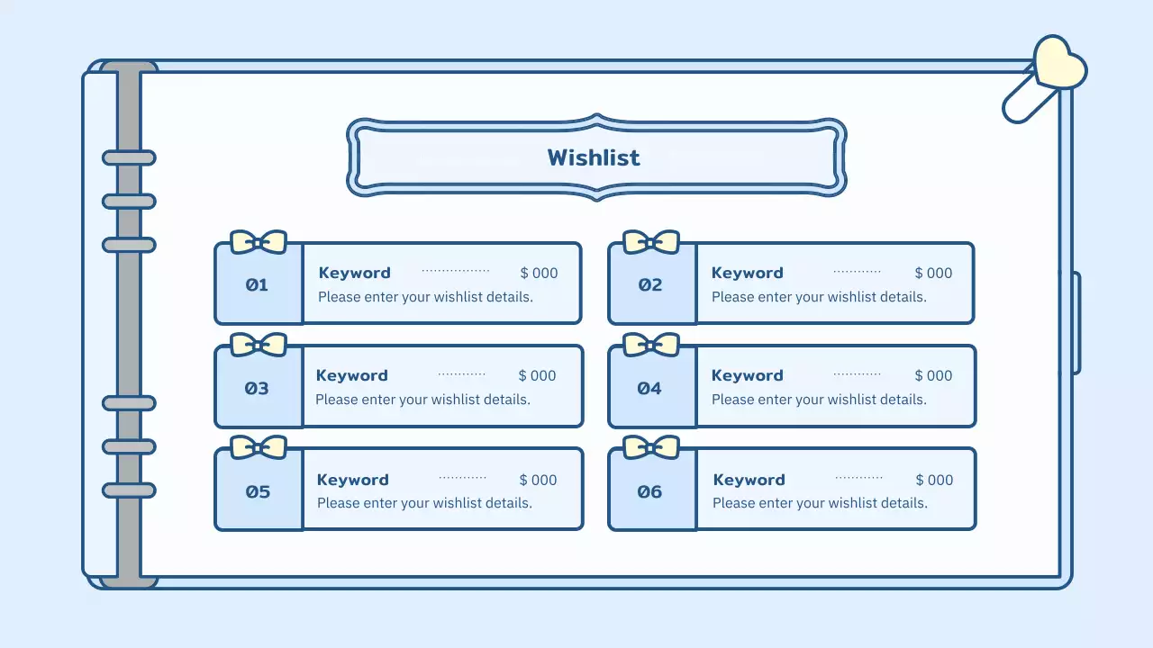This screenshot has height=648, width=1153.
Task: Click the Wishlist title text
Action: (594, 157)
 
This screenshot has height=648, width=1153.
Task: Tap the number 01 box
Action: (258, 284)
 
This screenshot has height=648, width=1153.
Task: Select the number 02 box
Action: (650, 284)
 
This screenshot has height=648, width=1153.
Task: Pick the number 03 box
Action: (258, 388)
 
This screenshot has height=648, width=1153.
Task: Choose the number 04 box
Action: (650, 388)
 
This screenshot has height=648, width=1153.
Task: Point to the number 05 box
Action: (258, 491)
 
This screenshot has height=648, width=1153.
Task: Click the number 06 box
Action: (650, 491)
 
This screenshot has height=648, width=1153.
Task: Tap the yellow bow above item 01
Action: (259, 242)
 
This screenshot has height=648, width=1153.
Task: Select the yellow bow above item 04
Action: (651, 345)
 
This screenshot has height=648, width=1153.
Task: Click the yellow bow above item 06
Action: (651, 447)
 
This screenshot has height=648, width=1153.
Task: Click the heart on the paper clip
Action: (1058, 64)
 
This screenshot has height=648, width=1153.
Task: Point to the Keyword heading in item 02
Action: (748, 273)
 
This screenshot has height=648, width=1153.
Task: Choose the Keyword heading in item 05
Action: (353, 480)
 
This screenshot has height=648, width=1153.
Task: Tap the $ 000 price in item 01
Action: (539, 273)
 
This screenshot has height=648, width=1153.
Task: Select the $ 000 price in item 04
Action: (933, 375)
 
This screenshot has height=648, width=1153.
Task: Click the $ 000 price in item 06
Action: (934, 480)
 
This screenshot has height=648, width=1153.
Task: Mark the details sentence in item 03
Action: (422, 400)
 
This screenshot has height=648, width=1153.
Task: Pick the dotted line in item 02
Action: (857, 271)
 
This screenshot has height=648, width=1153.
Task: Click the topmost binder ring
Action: (129, 157)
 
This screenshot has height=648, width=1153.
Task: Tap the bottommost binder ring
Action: (129, 490)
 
